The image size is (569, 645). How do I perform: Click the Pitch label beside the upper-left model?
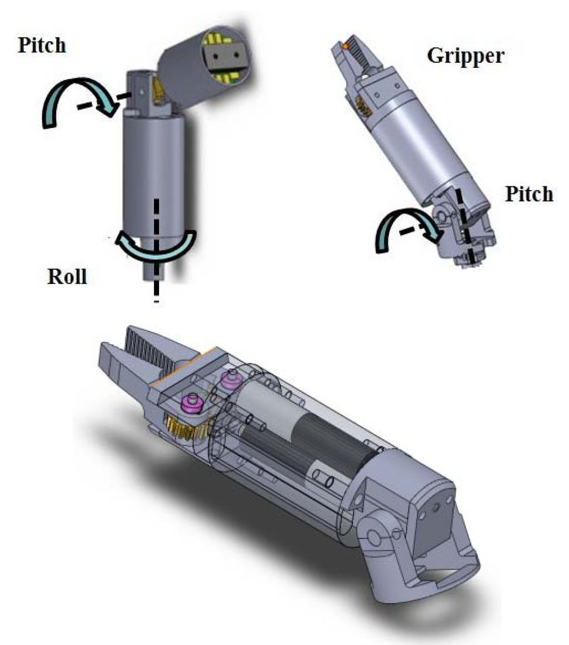coord(42,45)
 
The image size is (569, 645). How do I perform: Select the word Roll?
coord(67,276)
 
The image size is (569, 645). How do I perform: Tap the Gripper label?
coord(465,55)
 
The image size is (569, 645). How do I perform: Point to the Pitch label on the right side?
coord(529,195)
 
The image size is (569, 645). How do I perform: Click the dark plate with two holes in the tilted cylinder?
coord(223,56)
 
